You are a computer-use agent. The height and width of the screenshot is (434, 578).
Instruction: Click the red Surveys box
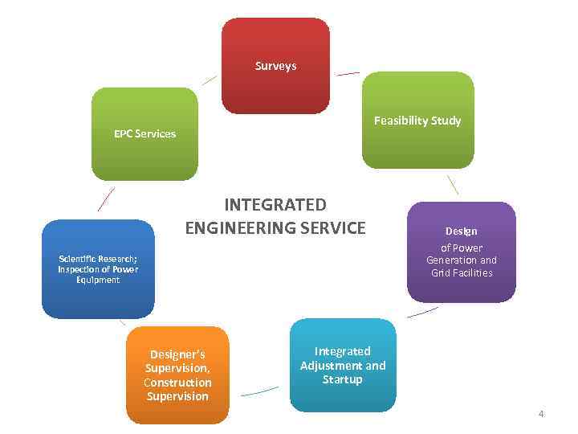point(275,66)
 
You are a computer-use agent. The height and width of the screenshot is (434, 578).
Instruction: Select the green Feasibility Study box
point(417,121)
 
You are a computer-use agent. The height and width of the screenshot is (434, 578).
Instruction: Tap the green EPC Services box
point(144,133)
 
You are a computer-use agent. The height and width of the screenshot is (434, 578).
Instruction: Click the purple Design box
point(461,252)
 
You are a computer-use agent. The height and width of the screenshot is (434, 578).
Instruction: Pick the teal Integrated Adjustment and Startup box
point(343,365)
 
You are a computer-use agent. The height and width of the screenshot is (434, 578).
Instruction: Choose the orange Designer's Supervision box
point(177,375)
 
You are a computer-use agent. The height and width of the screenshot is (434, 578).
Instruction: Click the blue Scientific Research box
point(98,268)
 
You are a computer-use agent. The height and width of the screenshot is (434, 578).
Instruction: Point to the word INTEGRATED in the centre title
point(275,205)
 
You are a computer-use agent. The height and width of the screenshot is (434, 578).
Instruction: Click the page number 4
point(541,414)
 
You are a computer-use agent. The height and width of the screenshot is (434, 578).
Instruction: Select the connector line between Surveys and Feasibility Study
point(348,74)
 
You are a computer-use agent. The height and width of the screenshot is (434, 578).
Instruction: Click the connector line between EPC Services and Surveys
point(209,80)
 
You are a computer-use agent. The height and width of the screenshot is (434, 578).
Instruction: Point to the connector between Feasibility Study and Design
point(453,185)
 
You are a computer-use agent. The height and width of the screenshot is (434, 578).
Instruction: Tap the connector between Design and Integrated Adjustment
point(423,312)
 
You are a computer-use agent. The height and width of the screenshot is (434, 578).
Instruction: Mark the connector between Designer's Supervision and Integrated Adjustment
point(259,391)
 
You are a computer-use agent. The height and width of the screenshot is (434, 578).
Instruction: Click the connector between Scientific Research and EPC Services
point(106,199)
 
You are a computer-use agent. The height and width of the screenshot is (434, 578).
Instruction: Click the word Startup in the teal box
point(343,379)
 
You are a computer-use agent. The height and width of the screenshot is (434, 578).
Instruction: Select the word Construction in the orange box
point(177,383)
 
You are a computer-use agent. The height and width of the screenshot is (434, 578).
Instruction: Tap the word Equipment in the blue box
point(98,280)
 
